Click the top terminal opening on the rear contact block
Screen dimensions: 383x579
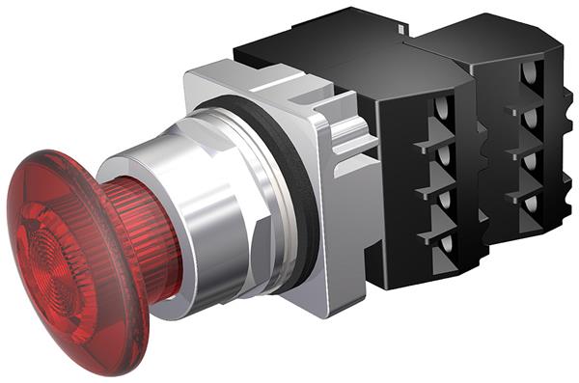[x=530, y=72]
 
